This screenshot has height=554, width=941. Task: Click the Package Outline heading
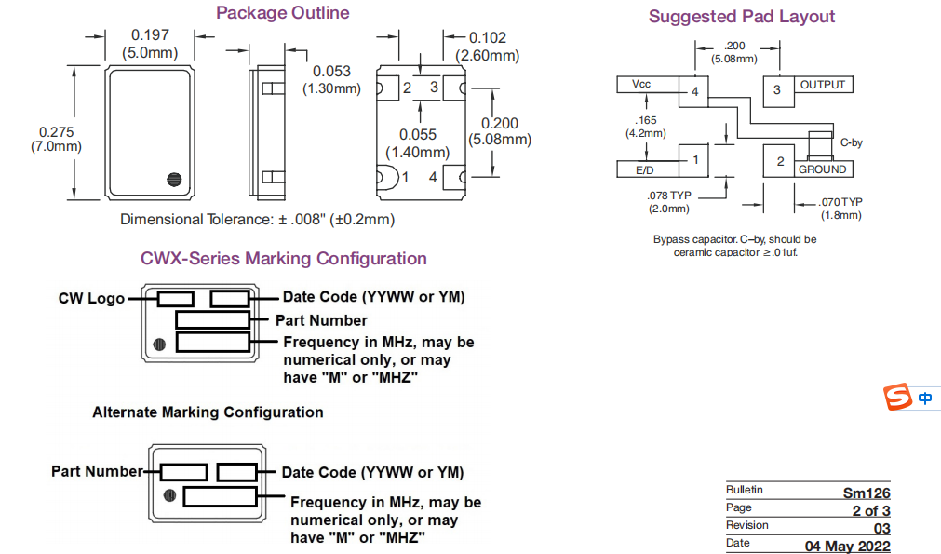283,13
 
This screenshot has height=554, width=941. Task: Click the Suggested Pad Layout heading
742,17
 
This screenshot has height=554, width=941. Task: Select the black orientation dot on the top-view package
172,180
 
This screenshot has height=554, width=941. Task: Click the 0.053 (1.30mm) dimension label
331,80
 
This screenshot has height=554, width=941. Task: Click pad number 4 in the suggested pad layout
694,92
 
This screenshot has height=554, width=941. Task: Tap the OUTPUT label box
823,85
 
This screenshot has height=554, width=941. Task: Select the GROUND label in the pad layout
822,169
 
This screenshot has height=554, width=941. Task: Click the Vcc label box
642,85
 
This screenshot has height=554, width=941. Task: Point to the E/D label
645,170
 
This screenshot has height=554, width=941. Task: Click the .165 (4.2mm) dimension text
645,127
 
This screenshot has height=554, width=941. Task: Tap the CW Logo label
91,298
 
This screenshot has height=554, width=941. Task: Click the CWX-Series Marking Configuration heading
283,259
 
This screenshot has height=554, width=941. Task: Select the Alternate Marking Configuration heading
208,412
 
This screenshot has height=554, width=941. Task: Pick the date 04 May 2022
847,546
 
